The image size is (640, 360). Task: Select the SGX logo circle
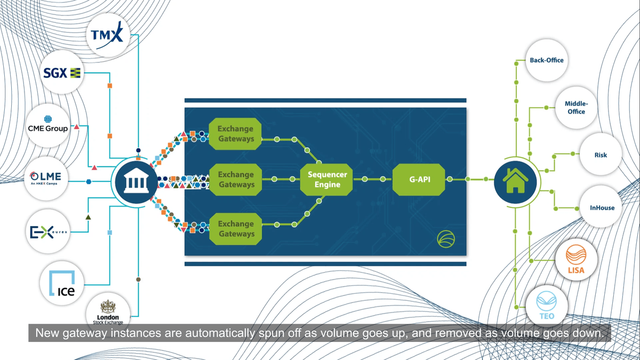(62, 73)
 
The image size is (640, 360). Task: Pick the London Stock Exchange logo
(108, 313)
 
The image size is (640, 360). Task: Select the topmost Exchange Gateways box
(236, 134)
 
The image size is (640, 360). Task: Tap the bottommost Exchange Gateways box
(236, 229)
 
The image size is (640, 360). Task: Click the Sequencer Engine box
(327, 180)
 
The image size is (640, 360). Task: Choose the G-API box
(419, 180)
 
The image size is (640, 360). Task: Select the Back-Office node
(547, 60)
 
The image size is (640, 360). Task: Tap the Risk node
(601, 155)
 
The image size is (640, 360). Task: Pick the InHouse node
(602, 207)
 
